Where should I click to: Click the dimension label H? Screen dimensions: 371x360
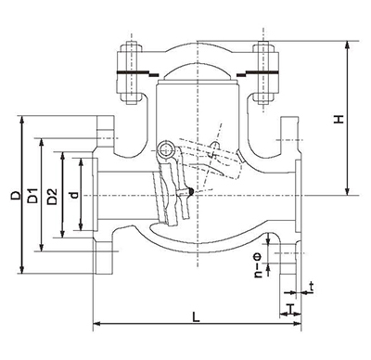[x=339, y=120]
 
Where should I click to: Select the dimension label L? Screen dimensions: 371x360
[x=196, y=316]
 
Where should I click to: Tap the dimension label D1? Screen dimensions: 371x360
[x=32, y=196]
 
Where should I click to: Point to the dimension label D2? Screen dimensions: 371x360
[x=52, y=197]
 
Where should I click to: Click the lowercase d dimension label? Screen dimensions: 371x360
[x=74, y=195]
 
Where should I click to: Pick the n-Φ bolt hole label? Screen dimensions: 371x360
[x=258, y=265]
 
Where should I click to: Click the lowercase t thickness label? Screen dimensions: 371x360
[x=312, y=288]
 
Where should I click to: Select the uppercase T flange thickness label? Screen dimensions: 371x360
[x=290, y=308]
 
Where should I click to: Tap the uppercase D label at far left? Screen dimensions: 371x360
[x=16, y=195]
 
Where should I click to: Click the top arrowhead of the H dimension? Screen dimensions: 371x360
[x=348, y=45]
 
